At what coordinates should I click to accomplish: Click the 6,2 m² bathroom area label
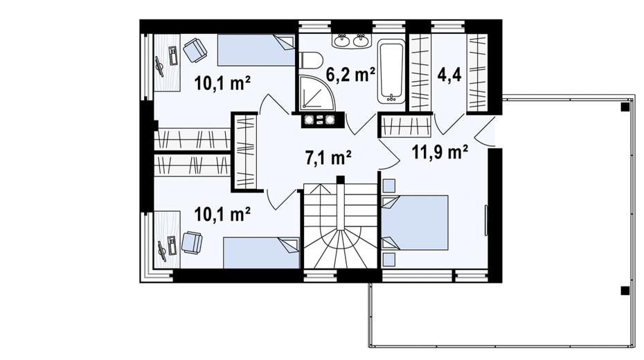[x=350, y=74]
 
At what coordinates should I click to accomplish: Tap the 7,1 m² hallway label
[x=328, y=157]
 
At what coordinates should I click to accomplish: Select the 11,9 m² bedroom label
[x=440, y=152]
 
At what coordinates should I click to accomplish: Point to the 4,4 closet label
[x=449, y=75]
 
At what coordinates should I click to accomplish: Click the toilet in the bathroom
[x=311, y=60]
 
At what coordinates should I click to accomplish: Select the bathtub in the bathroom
[x=391, y=71]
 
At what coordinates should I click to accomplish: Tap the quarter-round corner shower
[x=316, y=93]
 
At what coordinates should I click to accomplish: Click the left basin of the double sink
[x=341, y=40]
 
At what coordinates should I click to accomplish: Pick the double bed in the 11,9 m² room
[x=414, y=222]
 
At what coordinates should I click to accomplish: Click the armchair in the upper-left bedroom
[x=195, y=50]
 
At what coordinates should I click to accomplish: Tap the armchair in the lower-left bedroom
[x=192, y=242]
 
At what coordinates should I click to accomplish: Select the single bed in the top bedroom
[x=256, y=50]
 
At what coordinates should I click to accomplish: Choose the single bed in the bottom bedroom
[x=261, y=253]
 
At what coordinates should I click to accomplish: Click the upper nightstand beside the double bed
[x=388, y=186]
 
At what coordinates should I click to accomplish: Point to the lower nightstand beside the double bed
[x=388, y=260]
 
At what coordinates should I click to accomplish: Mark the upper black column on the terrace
[x=625, y=107]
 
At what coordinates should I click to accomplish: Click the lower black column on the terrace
[x=625, y=291]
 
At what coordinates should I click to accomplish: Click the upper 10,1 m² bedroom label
[x=222, y=84]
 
